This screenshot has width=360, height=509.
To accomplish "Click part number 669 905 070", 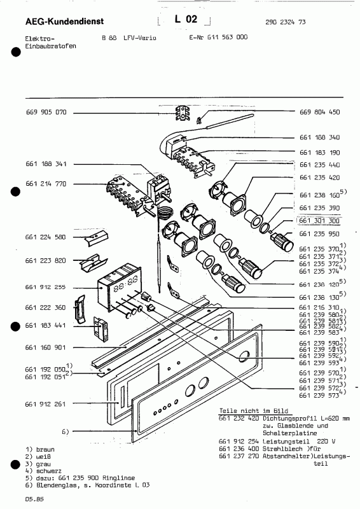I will [46, 112].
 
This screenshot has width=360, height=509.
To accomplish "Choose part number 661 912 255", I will [46, 287].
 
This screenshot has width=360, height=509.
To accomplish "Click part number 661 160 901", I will [46, 347].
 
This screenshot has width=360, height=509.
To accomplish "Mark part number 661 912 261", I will [46, 403].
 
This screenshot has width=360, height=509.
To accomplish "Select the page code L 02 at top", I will [184, 21].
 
